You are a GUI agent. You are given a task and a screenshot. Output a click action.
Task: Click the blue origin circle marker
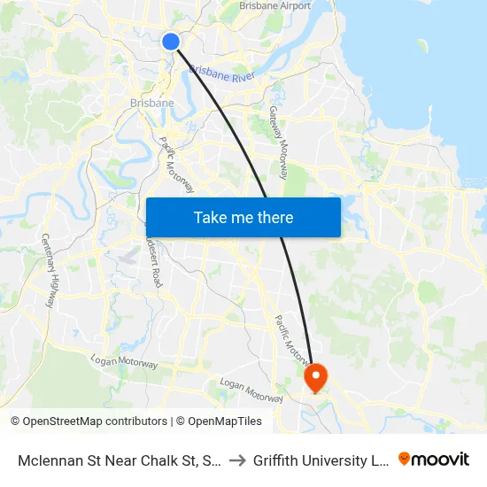click(171, 42)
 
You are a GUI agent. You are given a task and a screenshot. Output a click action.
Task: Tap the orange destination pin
click(315, 377)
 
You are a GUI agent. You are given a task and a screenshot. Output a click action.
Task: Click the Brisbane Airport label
click(275, 6)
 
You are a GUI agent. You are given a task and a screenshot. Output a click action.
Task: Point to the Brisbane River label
click(222, 73)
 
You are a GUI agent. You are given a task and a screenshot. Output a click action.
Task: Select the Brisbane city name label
click(151, 103)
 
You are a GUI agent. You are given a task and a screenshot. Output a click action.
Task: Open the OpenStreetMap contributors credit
click(95, 421)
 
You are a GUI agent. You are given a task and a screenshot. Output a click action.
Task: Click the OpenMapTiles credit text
click(223, 421)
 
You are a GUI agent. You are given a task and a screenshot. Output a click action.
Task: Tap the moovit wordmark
click(441, 460)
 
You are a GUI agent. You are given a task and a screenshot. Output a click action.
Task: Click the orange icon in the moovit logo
click(405, 460)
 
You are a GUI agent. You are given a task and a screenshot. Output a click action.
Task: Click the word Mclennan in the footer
click(51, 460)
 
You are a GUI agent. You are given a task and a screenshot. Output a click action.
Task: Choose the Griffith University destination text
click(319, 460)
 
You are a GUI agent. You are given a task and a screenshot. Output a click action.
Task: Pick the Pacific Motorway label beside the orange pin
click(291, 340)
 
